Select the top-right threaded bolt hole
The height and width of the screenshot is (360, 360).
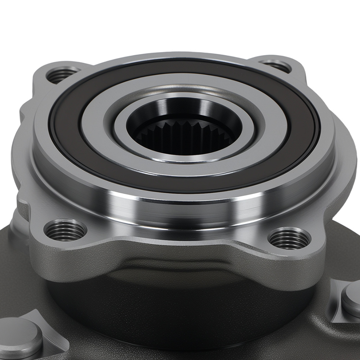(276, 66)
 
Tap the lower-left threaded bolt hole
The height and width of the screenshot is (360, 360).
(65, 230)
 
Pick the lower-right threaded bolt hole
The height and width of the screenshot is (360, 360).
(289, 238)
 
